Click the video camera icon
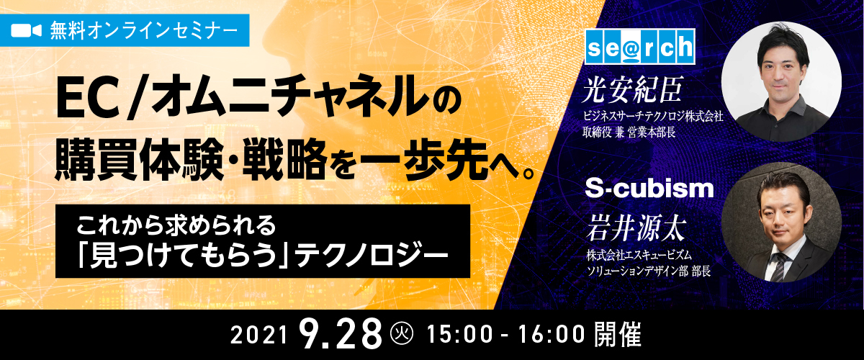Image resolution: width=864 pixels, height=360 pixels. click(26, 31)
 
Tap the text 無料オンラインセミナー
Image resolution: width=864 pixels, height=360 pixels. click(144, 31)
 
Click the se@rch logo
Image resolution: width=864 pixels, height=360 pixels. click(640, 46)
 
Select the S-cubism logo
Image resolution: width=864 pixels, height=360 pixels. click(649, 189)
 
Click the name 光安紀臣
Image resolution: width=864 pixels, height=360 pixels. click(633, 90)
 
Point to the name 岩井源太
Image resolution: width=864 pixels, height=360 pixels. click(635, 228)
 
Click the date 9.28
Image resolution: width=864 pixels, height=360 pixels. click(340, 335)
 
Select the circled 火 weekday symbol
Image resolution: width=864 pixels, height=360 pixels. click(402, 333)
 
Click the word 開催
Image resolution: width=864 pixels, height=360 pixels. click(618, 334)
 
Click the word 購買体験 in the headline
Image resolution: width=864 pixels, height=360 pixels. click(139, 160)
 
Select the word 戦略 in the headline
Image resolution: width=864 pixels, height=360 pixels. click(285, 160)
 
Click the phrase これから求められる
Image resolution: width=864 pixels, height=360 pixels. click(176, 225)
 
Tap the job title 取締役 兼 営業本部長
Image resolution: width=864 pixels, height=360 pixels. click(629, 132)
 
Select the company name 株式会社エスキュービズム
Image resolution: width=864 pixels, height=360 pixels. click(639, 255)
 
